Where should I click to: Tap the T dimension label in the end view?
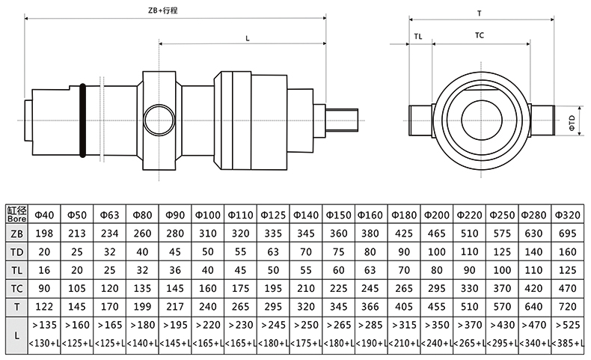tap(479, 13)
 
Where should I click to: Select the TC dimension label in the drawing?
tap(480, 35)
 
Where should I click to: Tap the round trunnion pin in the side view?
tap(159, 119)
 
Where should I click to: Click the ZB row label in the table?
tap(16, 234)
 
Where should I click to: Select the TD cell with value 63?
tap(275, 251)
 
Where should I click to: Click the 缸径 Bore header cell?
tap(16, 215)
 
